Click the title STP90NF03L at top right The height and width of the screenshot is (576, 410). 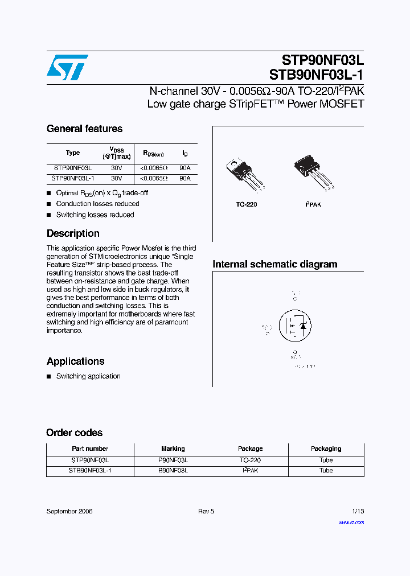[323, 60]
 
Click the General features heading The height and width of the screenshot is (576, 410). [84, 129]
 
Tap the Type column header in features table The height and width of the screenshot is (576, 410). [73, 153]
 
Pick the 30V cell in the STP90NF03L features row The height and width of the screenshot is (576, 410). [117, 168]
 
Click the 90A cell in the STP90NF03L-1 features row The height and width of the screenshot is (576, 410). [184, 178]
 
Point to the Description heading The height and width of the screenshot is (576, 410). [73, 233]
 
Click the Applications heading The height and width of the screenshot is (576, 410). [75, 361]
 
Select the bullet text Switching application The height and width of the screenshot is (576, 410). [88, 376]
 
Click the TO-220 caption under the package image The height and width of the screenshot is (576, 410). [247, 204]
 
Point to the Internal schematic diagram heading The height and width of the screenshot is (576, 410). [274, 264]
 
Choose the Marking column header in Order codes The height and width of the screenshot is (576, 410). [173, 449]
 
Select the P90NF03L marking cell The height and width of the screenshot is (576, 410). [173, 460]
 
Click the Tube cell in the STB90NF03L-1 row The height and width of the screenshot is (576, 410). [326, 471]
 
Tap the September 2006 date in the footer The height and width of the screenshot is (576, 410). [69, 511]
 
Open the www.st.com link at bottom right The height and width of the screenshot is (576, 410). [351, 522]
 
